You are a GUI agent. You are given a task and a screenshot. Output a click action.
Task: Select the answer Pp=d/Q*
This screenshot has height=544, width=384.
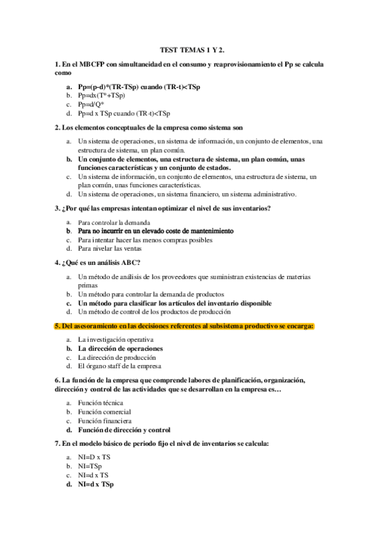[x=91, y=104]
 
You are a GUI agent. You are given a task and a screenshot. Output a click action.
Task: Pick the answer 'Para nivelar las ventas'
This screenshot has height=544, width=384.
[x=110, y=248]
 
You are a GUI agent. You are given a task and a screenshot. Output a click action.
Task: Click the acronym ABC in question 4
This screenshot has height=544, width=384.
[x=126, y=263]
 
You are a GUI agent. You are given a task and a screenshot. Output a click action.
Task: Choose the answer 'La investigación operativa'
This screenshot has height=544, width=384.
[x=116, y=339]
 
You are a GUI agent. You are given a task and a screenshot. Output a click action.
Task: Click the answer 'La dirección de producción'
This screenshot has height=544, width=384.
[x=116, y=357]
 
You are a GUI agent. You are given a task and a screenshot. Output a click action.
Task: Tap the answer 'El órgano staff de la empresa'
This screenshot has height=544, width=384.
[x=119, y=366]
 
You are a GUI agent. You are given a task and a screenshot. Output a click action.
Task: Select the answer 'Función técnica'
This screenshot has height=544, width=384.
[x=101, y=403]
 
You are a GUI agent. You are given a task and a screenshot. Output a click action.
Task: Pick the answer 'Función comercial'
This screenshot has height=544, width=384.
[x=104, y=412]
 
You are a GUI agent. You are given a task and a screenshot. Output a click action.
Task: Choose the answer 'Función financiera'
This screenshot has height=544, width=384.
[x=104, y=421]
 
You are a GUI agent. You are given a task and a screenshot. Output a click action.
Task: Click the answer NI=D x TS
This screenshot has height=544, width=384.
[x=94, y=457]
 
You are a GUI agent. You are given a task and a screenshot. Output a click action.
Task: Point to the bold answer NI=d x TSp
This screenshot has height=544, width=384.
[x=96, y=484]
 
